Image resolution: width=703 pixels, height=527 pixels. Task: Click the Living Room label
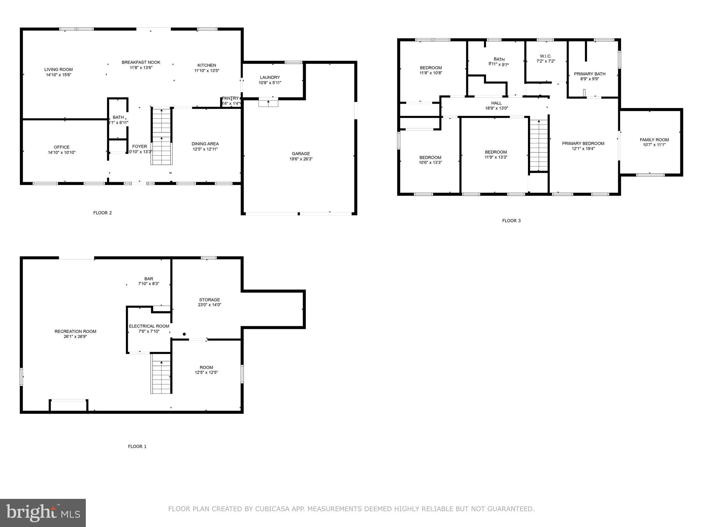[x=58, y=69]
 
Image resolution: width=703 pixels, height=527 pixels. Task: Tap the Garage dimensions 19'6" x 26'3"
[x=301, y=159]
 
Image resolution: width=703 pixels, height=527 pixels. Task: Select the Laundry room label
[x=270, y=77]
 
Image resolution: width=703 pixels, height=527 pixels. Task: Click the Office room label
[x=61, y=147]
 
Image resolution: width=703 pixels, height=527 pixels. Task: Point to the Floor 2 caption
[x=102, y=213]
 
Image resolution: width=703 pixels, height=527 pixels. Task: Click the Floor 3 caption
[x=511, y=221]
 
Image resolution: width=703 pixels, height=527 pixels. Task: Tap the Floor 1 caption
[x=137, y=446]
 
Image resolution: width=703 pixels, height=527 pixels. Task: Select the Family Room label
[x=654, y=140]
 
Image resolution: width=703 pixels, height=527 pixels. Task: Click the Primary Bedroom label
[x=583, y=143]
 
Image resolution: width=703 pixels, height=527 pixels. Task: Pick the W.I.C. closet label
[x=545, y=56]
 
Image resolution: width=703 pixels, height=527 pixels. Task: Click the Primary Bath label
[x=589, y=74]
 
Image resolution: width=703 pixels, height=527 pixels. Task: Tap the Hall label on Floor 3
[x=496, y=103]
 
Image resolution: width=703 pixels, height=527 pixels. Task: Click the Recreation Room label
[x=75, y=331]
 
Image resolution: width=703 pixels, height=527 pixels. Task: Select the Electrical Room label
[x=149, y=326]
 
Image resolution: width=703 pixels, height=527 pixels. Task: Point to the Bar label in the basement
[x=149, y=279]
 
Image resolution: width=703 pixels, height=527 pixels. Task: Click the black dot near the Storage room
[x=184, y=334]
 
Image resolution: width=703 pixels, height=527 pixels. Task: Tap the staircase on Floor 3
[x=539, y=145]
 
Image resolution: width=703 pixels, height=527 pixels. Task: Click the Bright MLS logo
[x=43, y=513]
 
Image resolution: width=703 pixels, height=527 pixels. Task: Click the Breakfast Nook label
[x=141, y=62]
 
